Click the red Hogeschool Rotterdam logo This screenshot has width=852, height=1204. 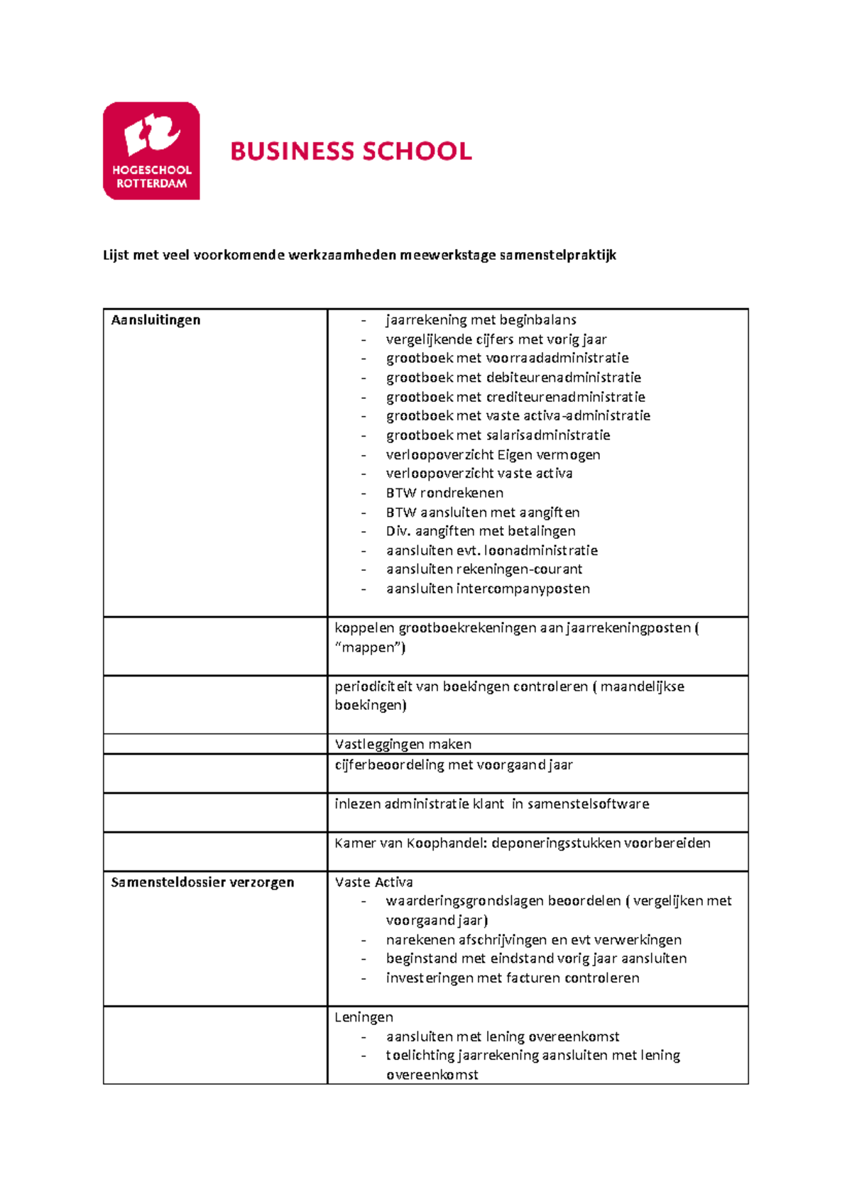(151, 150)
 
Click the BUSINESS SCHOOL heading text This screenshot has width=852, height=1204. (351, 151)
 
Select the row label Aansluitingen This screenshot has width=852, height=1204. (155, 320)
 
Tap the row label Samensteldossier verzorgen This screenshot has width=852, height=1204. (202, 882)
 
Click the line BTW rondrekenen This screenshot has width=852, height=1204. (444, 493)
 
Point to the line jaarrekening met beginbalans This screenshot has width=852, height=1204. (481, 320)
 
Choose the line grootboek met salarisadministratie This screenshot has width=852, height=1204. (498, 435)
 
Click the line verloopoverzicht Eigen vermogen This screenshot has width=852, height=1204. (493, 454)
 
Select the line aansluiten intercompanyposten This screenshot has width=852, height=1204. (488, 589)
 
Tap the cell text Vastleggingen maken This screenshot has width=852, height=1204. (403, 744)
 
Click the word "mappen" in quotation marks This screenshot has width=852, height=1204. (369, 647)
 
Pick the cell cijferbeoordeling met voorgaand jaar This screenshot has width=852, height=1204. (453, 765)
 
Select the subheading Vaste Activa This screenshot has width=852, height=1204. (373, 882)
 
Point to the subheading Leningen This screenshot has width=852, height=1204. (364, 1017)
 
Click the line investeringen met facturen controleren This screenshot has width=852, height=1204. (512, 978)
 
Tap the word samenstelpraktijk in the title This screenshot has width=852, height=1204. (557, 255)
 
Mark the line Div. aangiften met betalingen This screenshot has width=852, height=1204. (481, 531)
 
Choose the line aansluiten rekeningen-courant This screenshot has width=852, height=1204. (484, 569)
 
